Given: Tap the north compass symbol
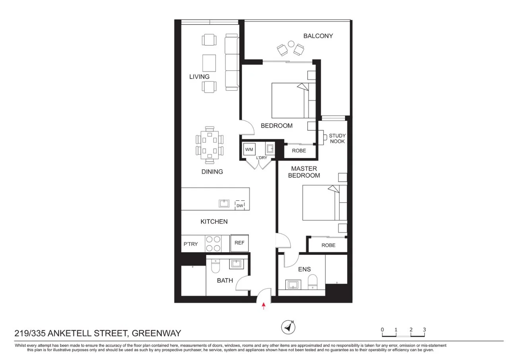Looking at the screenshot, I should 289,327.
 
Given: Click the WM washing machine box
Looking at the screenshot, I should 249,150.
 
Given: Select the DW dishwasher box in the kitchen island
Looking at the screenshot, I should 240,205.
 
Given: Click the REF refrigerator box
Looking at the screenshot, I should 239,243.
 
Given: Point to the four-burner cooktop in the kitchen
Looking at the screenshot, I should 213,243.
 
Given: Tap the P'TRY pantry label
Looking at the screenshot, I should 190,244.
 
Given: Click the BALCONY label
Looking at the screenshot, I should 318,36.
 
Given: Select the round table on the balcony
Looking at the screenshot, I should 291,44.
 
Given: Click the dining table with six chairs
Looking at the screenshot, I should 209,145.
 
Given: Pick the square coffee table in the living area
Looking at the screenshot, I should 209,63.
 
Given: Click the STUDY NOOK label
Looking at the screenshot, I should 337,138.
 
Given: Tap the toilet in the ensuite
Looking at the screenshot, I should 313,282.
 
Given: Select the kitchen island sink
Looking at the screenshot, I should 224,203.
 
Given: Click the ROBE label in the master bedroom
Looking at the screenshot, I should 328,245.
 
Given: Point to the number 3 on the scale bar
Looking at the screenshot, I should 425,329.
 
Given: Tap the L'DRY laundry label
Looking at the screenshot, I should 262,158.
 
